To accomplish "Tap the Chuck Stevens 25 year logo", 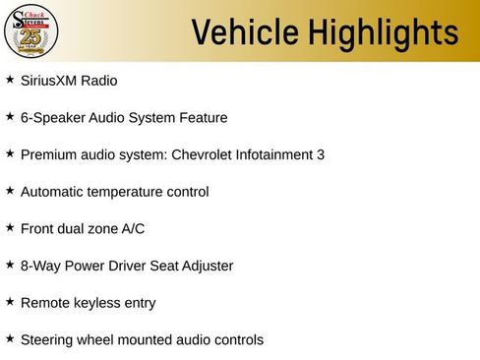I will pos(31,31).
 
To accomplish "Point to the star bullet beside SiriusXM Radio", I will pos(10,79).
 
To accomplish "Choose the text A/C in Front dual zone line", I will pos(133,228).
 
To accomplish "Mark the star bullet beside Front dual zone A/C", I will pos(10,227).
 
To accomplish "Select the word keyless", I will pos(96,303).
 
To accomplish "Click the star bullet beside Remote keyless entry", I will pos(10,301).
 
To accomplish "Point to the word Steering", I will pos(48,340).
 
